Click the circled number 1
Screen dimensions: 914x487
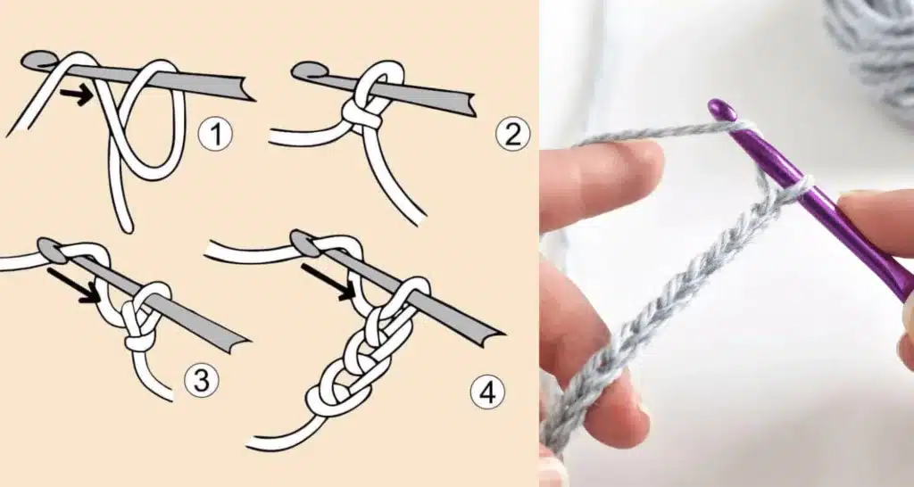click(215, 135)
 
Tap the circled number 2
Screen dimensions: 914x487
click(512, 134)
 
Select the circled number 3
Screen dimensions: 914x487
click(201, 382)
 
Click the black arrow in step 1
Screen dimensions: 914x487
click(77, 95)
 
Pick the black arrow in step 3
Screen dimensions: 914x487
click(74, 285)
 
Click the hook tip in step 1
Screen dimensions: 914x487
click(36, 60)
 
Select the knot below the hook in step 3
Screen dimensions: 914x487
click(138, 337)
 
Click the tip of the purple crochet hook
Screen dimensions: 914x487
click(720, 108)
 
